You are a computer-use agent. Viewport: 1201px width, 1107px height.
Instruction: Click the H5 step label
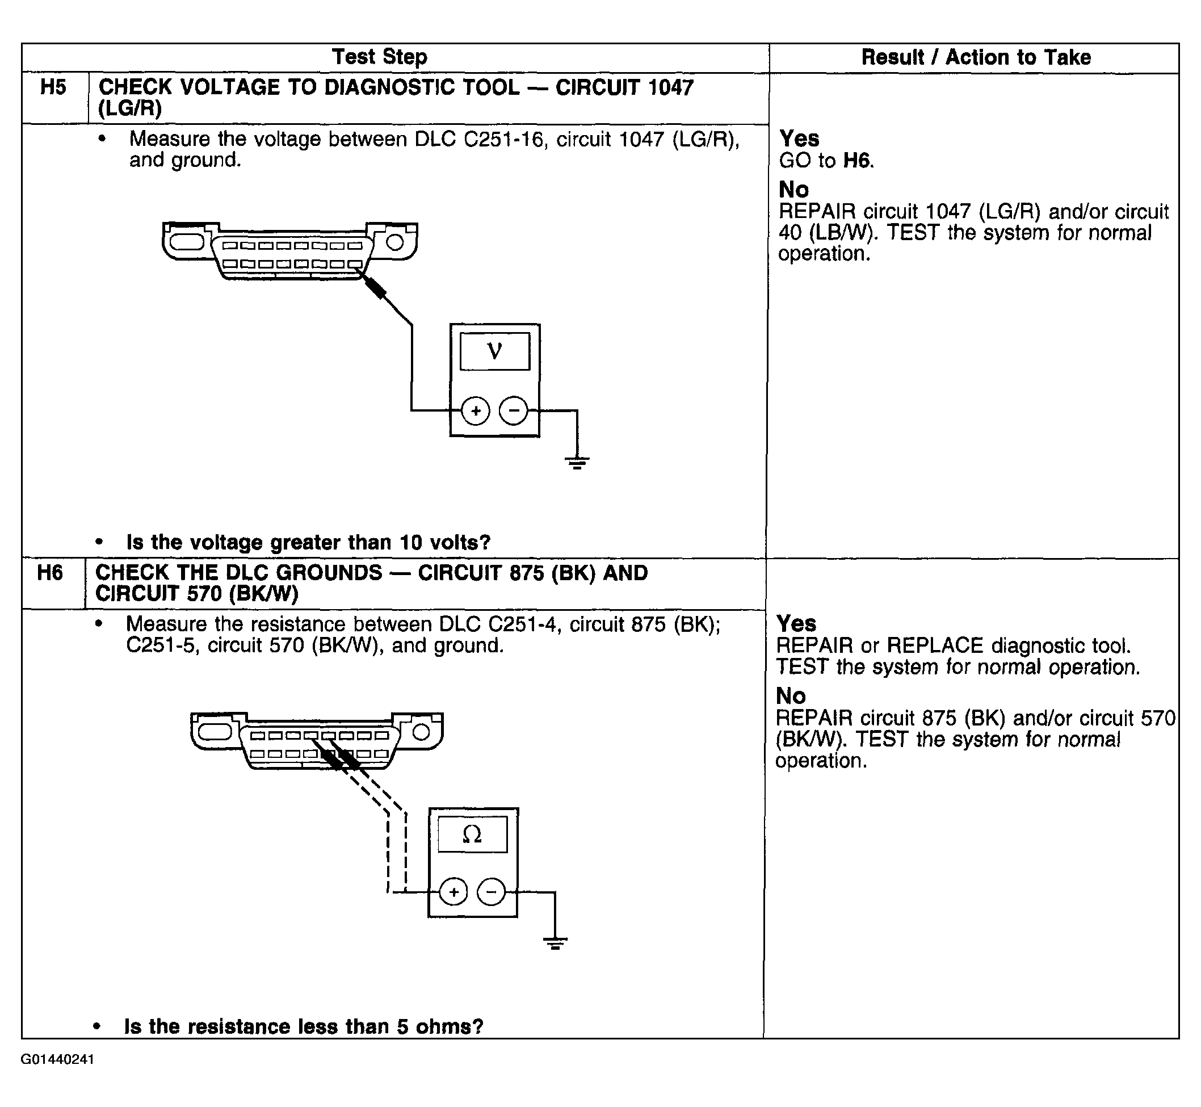point(53,87)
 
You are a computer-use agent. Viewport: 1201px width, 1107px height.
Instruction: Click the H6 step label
point(50,573)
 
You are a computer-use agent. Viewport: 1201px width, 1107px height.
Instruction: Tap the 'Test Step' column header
point(380,57)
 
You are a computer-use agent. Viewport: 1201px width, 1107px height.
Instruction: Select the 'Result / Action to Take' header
point(976,57)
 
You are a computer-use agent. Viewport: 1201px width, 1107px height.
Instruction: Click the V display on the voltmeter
point(495,351)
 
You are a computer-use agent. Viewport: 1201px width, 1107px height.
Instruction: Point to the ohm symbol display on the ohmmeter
point(472,834)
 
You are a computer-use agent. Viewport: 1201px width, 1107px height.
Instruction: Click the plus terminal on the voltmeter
point(476,411)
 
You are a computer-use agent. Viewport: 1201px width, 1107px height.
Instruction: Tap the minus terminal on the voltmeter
point(513,411)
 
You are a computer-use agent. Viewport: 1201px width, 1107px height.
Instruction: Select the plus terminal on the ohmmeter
point(453,892)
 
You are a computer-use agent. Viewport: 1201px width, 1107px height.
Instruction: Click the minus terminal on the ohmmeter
point(491,892)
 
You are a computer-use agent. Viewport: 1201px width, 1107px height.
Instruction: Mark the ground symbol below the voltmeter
point(577,462)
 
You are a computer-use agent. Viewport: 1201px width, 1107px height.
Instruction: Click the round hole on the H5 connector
point(394,242)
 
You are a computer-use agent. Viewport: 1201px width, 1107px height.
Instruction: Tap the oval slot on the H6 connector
point(214,732)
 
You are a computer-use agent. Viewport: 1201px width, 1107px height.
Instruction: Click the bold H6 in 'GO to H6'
point(857,161)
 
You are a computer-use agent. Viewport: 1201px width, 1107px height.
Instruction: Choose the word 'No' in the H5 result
point(793,190)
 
